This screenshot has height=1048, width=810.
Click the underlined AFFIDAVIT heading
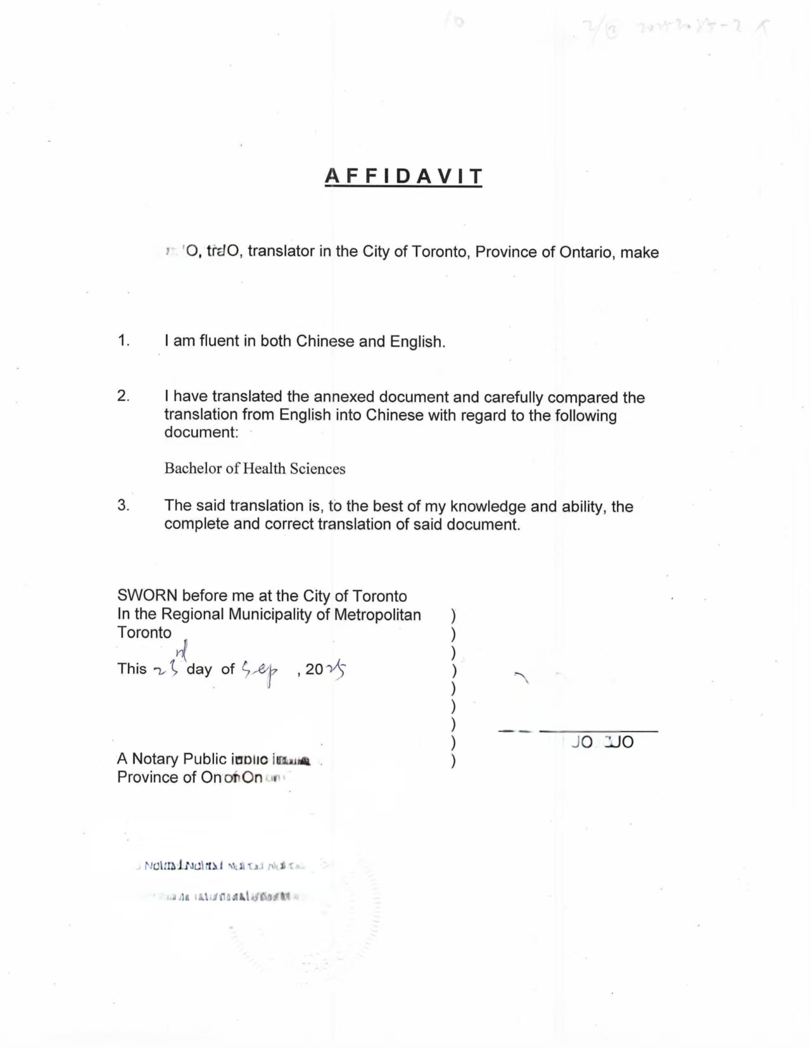pos(403,176)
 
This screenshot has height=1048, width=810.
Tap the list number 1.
pos(123,340)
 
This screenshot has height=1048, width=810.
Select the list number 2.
pos(123,396)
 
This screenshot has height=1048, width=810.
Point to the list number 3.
pos(123,505)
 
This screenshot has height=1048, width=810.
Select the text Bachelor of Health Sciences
pos(255,468)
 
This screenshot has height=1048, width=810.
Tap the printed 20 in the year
pos(314,669)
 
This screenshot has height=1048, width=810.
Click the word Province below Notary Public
pos(148,777)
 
